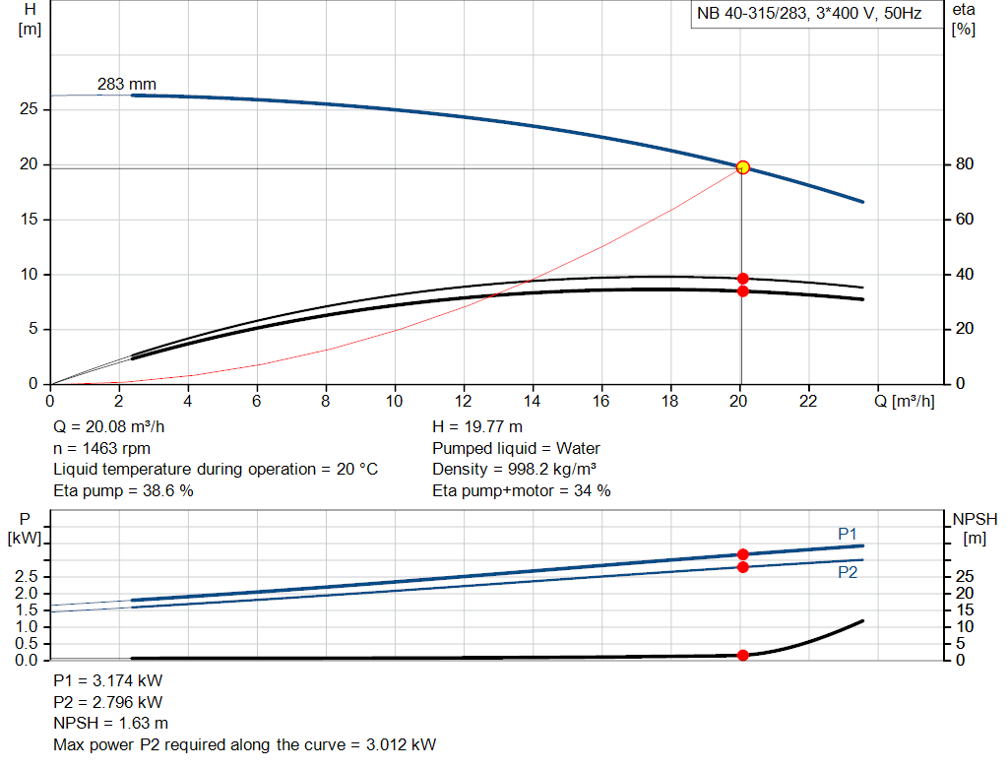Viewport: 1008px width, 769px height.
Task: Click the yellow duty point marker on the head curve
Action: (x=743, y=167)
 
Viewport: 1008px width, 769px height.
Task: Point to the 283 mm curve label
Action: (x=126, y=85)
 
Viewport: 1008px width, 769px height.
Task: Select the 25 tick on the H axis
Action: (x=30, y=109)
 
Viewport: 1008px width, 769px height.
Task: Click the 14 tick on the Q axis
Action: (x=533, y=401)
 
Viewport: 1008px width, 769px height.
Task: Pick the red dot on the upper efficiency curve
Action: (x=743, y=279)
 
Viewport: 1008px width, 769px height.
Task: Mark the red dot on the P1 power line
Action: (x=743, y=555)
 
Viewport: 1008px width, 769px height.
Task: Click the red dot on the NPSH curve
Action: (x=743, y=655)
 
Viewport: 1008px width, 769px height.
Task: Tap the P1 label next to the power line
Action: (x=848, y=534)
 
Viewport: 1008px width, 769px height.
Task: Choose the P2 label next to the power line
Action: (x=848, y=571)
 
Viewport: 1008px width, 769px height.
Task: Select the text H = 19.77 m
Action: (x=478, y=427)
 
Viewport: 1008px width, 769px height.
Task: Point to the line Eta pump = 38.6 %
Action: (x=123, y=490)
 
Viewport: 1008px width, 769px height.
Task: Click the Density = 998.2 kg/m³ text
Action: (x=515, y=469)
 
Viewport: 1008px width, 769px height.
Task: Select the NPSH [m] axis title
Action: (x=975, y=528)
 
